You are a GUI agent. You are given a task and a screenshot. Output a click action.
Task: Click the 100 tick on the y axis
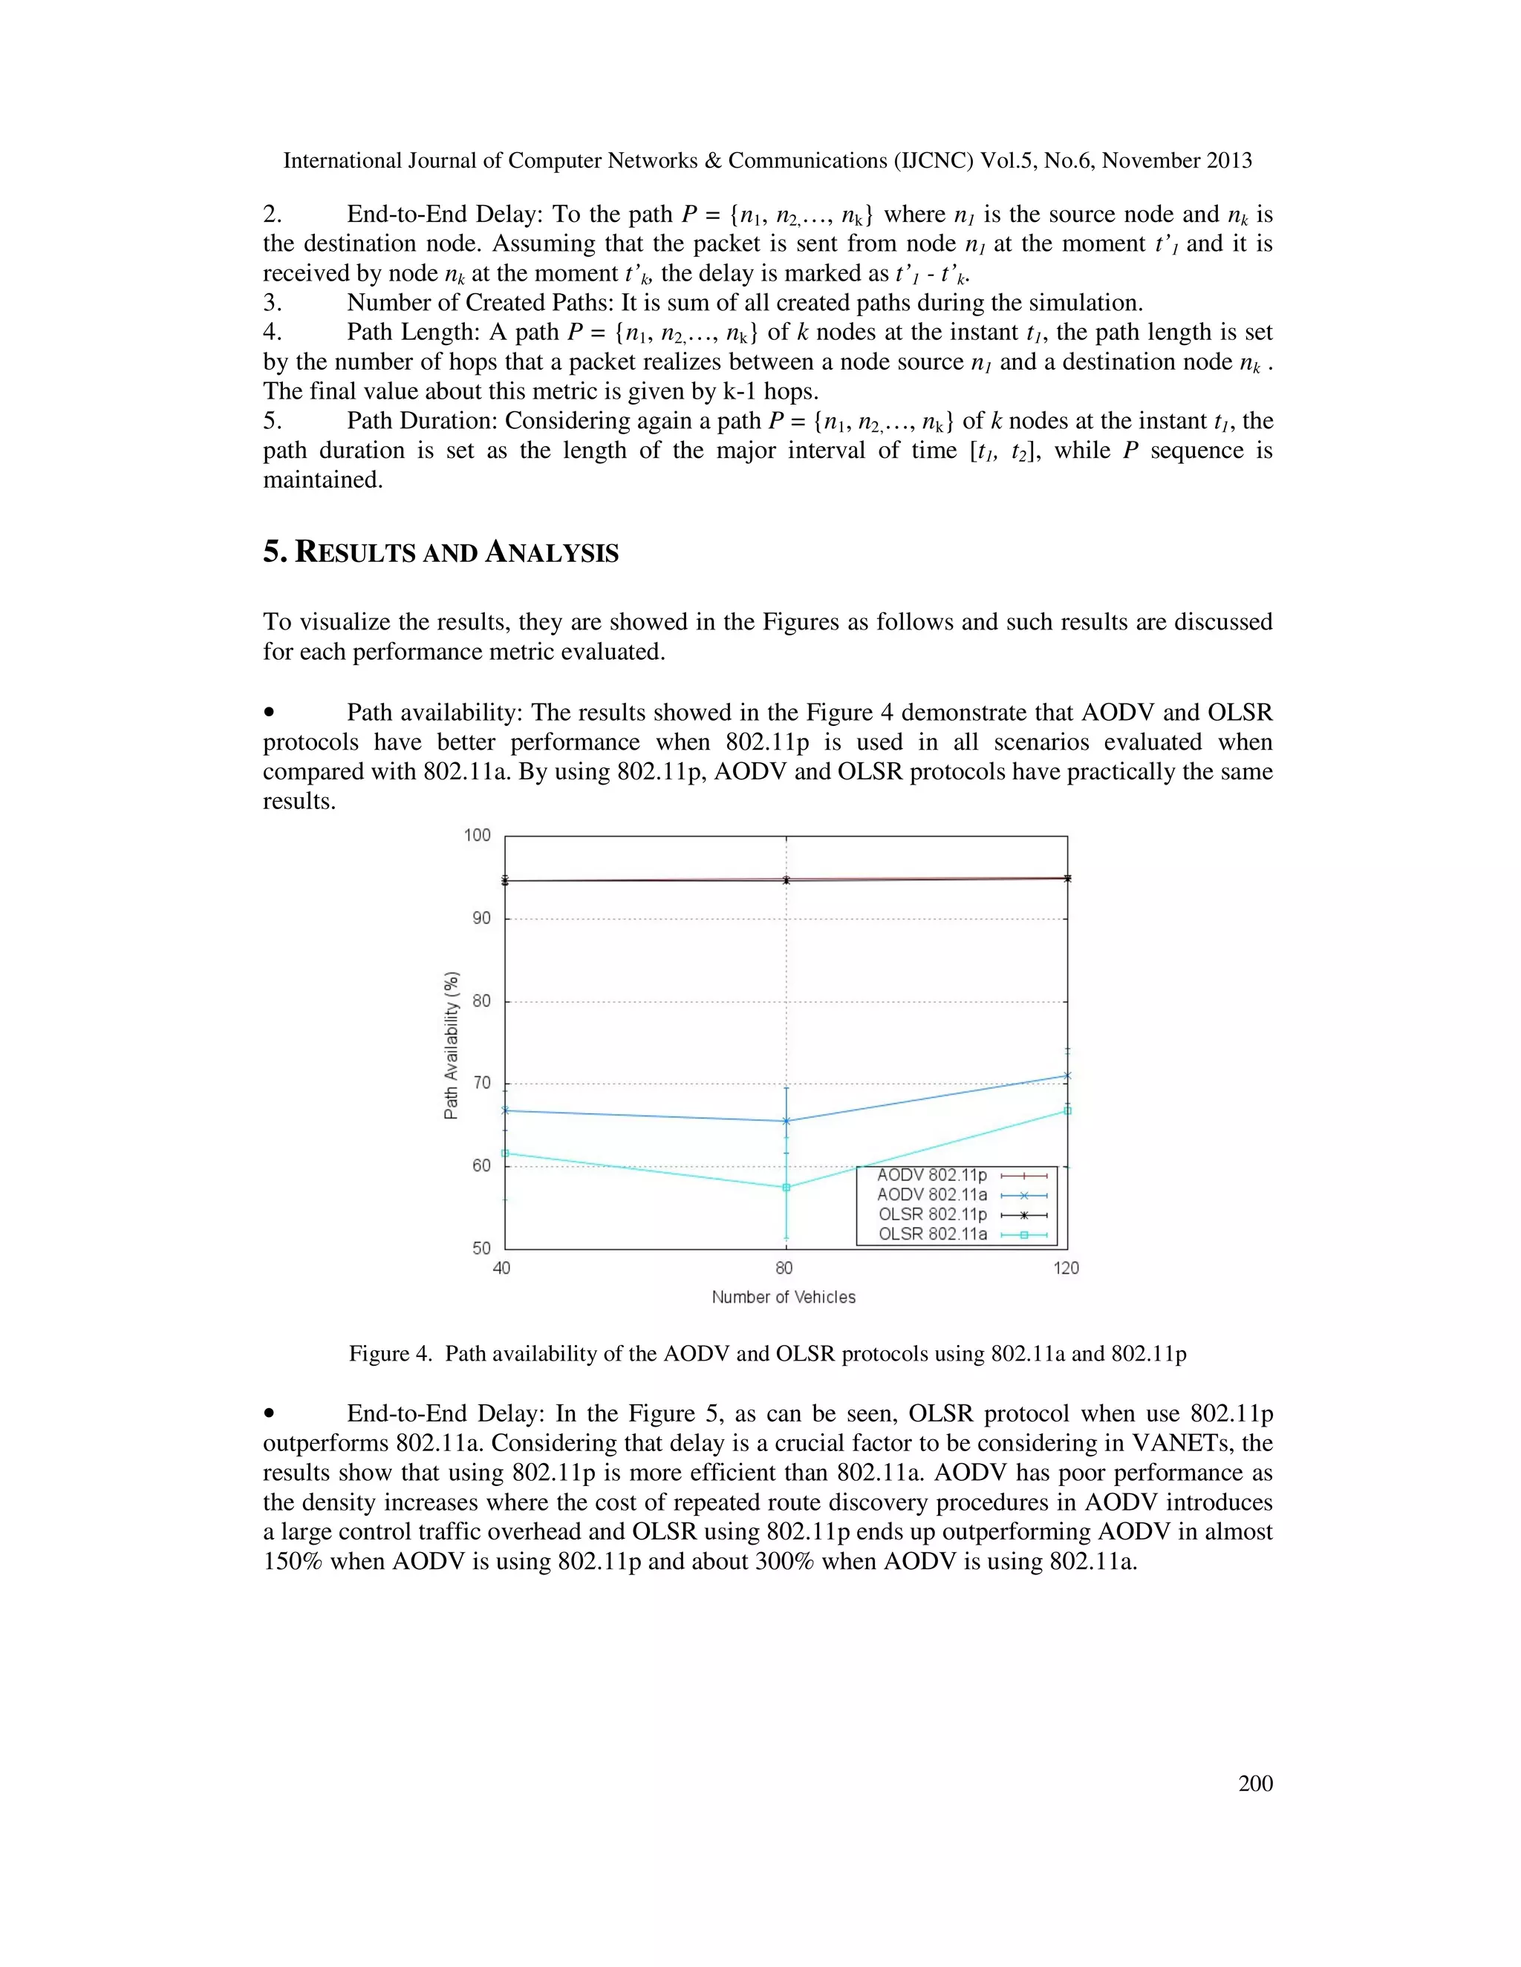coord(478,835)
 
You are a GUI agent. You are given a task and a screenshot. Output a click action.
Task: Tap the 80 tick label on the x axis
coord(784,1268)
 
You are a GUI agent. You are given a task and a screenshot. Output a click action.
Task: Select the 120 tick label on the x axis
coord(1066,1268)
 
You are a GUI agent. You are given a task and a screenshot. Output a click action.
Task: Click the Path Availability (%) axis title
coord(452,1045)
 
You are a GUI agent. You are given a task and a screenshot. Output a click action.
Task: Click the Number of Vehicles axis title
coord(783,1297)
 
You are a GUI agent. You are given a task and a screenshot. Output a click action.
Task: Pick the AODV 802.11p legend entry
coord(932,1175)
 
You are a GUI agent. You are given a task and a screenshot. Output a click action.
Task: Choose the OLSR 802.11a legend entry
coord(932,1234)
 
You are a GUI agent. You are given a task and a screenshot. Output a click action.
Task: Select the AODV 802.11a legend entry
coord(932,1195)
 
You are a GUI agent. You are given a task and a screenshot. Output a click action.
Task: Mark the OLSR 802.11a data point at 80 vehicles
coord(786,1187)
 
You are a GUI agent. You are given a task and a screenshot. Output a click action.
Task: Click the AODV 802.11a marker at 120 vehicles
coord(1068,1076)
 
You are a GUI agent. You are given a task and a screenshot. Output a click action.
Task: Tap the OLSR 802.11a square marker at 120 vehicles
coord(1068,1110)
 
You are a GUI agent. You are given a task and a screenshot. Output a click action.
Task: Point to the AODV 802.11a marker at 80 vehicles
coord(786,1122)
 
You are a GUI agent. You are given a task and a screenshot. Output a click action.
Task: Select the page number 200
coord(1255,1783)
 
